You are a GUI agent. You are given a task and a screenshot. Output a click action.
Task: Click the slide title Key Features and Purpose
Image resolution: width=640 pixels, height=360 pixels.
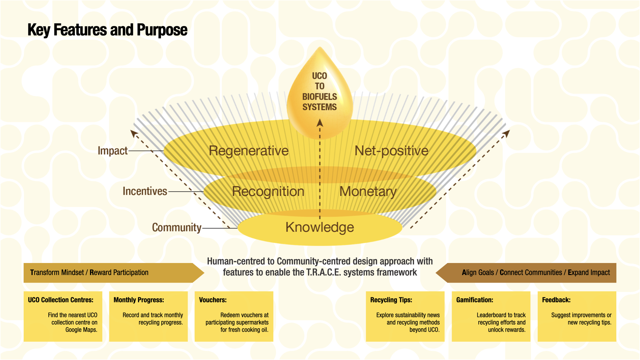107,30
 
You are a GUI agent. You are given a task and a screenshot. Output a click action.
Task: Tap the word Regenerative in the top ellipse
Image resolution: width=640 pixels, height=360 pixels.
249,151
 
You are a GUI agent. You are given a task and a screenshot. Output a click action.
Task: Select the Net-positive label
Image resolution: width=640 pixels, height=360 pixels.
391,151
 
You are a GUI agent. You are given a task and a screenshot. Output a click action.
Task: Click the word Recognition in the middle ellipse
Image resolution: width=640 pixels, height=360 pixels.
268,192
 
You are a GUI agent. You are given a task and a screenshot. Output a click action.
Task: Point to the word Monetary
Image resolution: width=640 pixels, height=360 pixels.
368,192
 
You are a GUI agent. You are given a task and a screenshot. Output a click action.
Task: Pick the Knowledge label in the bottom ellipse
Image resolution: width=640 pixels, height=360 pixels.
320,227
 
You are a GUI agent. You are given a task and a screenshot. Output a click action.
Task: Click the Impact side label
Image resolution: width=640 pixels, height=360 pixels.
112,151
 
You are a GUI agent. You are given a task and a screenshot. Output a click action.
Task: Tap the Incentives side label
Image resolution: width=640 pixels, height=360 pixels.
145,191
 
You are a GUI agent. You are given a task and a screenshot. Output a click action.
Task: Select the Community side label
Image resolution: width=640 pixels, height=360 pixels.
176,228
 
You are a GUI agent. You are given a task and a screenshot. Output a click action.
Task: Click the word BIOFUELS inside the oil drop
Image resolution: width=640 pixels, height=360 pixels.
319,97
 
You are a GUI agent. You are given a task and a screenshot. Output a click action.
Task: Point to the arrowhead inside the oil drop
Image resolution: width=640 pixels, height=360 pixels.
320,123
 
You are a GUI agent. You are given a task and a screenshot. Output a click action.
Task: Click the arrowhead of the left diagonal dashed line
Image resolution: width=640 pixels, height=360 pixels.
134,134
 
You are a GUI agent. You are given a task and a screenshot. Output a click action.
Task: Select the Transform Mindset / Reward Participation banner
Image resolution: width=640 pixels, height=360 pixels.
89,273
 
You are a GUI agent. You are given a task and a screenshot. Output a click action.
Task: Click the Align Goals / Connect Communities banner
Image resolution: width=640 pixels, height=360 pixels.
535,273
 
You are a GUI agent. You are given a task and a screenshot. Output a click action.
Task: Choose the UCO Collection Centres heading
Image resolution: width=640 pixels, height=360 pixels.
61,300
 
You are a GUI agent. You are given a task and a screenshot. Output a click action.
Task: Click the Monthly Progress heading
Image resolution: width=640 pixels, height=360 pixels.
139,300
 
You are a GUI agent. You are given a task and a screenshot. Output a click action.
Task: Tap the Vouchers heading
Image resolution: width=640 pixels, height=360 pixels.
213,300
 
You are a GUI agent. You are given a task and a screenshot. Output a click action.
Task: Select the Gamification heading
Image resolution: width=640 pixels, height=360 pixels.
475,300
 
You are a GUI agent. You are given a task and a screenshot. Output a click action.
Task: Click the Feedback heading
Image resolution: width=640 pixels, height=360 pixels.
556,300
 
